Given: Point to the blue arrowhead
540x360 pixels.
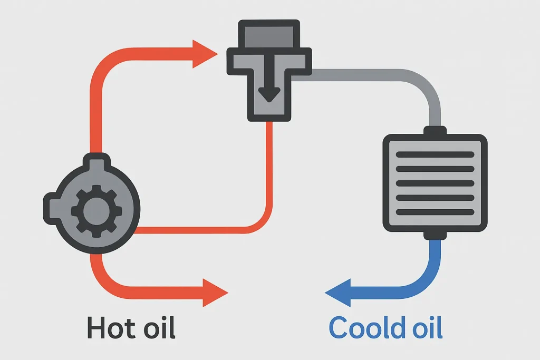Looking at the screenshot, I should point(337,291).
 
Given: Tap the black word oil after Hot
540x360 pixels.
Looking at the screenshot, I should point(158,327).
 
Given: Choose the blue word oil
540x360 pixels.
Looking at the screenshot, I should point(426,327).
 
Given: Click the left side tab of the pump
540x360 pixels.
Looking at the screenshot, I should point(50,203).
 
